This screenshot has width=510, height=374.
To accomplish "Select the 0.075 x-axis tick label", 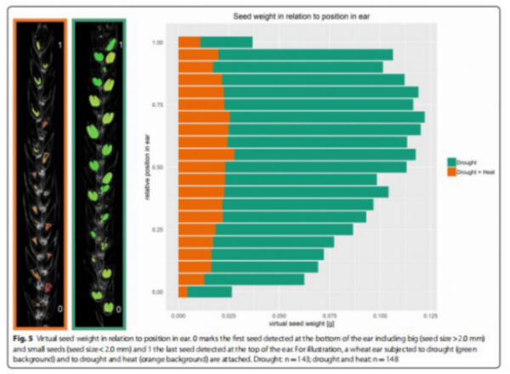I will (328, 314).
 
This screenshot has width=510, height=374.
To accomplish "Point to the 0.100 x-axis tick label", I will (378, 314).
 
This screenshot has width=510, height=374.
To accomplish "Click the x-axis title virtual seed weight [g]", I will (303, 324).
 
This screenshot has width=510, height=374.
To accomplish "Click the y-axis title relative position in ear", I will (144, 167).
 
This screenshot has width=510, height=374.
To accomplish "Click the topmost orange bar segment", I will (189, 42).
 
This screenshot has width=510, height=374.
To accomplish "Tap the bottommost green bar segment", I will (209, 292).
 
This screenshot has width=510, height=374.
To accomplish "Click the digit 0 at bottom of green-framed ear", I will (118, 309).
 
